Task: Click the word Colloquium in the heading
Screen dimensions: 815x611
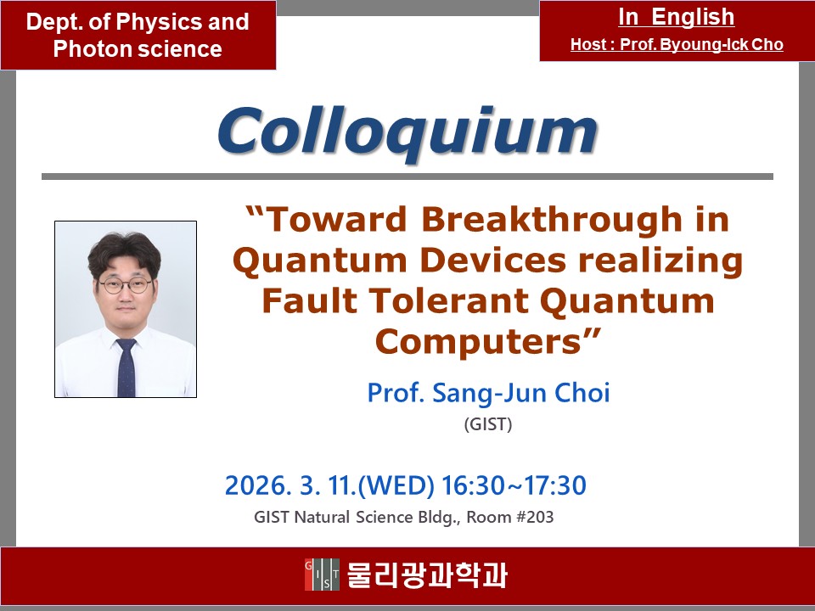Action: tap(408, 132)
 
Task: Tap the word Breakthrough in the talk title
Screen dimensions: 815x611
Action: tap(552, 219)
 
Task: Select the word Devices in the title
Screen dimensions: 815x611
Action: tap(492, 260)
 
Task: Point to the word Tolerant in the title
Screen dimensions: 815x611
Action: tap(450, 300)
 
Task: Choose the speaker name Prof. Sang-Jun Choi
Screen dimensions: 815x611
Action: tap(489, 392)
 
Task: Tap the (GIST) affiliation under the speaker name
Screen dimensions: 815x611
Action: tap(488, 424)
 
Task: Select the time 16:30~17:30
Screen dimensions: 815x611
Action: tap(514, 485)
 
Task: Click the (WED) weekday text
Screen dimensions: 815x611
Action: tap(396, 485)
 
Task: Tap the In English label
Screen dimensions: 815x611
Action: tap(677, 17)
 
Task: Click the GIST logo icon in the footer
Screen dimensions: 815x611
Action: tap(322, 575)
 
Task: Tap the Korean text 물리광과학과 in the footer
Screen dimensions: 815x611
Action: tap(426, 575)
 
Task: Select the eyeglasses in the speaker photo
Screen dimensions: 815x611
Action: tap(126, 285)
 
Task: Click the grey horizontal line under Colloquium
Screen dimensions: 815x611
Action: tap(407, 177)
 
